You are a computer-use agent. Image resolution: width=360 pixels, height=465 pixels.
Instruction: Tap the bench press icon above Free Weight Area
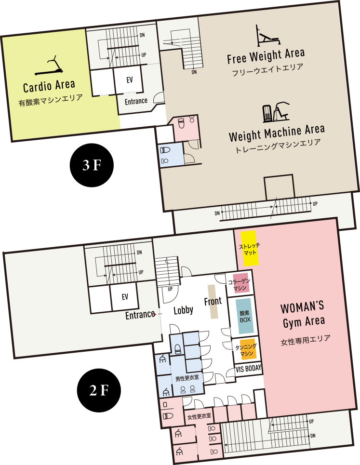pyautogui.click(x=268, y=36)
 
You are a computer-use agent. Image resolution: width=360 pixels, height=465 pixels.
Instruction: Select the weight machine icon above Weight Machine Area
pyautogui.click(x=276, y=112)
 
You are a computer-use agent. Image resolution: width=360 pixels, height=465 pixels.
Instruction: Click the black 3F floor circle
pyautogui.click(x=92, y=165)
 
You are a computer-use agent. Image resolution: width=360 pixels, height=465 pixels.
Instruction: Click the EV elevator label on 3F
pyautogui.click(x=130, y=80)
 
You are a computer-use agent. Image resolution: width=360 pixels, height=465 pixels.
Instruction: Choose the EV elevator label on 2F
pyautogui.click(x=125, y=296)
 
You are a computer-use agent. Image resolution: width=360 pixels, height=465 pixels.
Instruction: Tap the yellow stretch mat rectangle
pyautogui.click(x=249, y=248)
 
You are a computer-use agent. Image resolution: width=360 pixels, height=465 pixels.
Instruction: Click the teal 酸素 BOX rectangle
pyautogui.click(x=245, y=316)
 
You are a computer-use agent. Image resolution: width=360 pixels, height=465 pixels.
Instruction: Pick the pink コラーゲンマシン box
pyautogui.click(x=240, y=283)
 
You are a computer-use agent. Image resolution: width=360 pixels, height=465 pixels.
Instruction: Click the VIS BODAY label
pyautogui.click(x=249, y=369)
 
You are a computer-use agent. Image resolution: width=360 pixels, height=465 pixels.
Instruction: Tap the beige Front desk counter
pyautogui.click(x=213, y=302)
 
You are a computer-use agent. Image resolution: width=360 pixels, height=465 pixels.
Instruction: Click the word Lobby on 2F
pyautogui.click(x=183, y=310)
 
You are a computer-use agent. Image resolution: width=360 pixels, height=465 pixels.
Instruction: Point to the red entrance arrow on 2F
pyautogui.click(x=155, y=314)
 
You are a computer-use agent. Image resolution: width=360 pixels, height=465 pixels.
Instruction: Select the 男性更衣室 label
pyautogui.click(x=187, y=379)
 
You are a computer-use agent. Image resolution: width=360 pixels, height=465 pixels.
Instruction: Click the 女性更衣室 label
pyautogui.click(x=199, y=416)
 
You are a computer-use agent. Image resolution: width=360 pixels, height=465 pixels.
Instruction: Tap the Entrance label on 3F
pyautogui.click(x=136, y=101)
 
